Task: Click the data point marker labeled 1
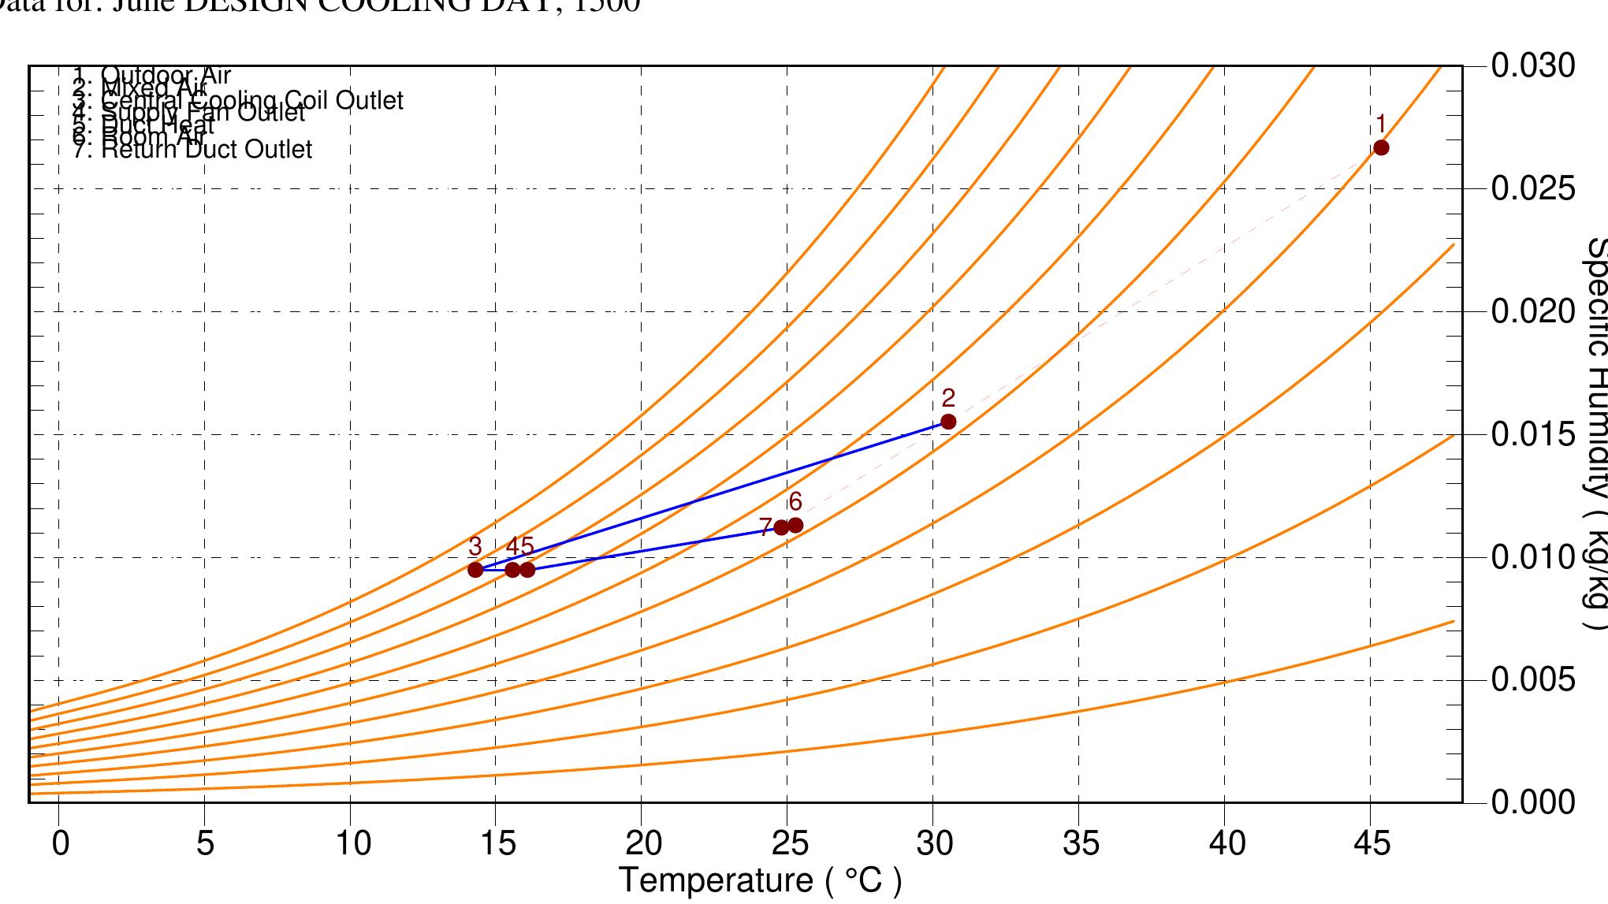click(1381, 147)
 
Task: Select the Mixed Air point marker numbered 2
click(948, 422)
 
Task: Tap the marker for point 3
click(475, 569)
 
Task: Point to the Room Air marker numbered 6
click(795, 525)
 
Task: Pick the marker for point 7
click(781, 527)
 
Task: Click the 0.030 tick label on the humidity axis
click(1533, 66)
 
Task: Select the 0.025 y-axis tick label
click(1533, 189)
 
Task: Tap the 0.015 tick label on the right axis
click(1533, 434)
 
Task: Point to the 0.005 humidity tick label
click(1533, 679)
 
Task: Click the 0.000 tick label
click(1533, 802)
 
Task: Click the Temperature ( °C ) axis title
click(760, 880)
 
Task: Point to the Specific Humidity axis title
click(1594, 433)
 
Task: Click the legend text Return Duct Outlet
click(207, 149)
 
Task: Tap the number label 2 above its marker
click(948, 398)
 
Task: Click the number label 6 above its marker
click(795, 501)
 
